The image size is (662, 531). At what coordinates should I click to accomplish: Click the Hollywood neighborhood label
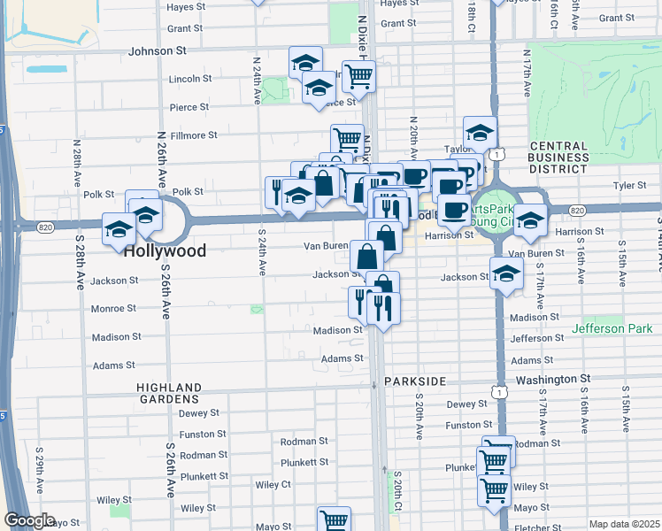[x=165, y=250]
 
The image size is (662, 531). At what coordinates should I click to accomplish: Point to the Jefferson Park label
[x=612, y=328]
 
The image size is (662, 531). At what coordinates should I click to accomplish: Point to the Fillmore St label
[x=194, y=135]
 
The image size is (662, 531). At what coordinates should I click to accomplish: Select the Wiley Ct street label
[x=273, y=484]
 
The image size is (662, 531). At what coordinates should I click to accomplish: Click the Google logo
[x=29, y=520]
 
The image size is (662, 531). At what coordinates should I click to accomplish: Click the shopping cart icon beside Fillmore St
[x=347, y=139]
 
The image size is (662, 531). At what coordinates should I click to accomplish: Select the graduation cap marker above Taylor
[x=480, y=133]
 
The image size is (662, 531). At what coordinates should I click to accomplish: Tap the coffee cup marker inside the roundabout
[x=455, y=210]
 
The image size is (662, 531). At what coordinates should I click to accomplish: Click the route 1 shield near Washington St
[x=502, y=390]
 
